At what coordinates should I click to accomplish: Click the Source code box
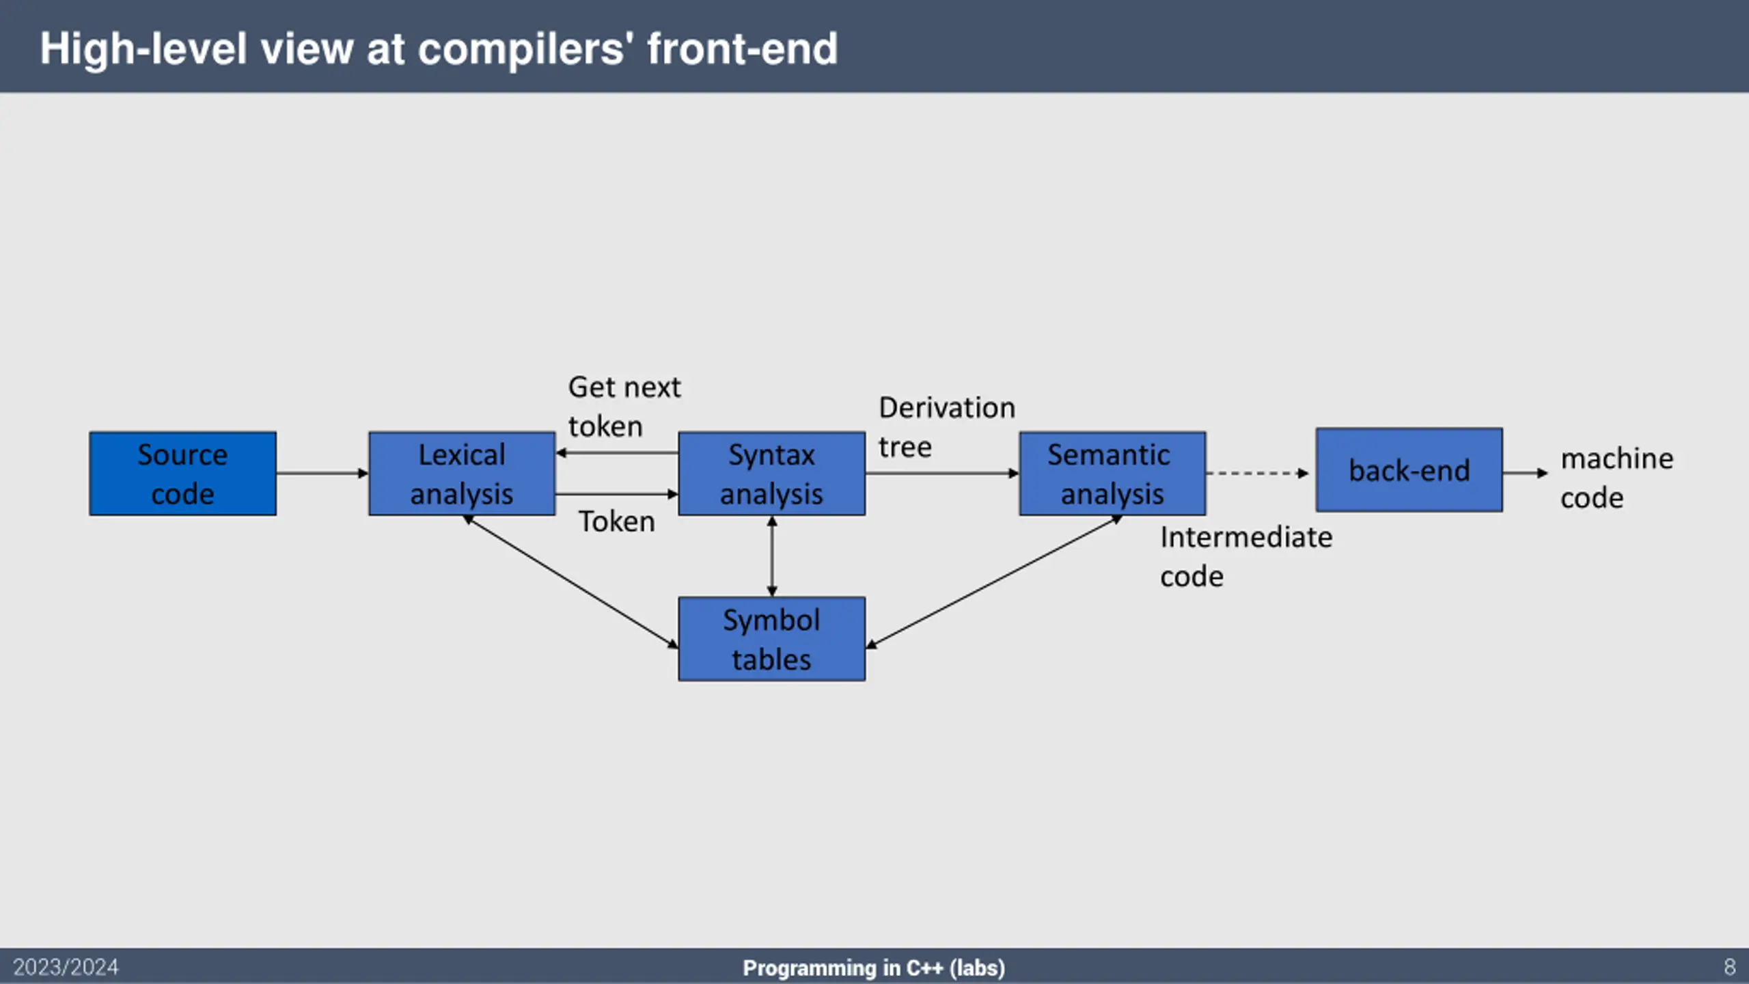point(182,474)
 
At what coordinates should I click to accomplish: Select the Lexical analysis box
point(462,474)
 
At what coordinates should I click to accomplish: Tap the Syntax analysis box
point(771,474)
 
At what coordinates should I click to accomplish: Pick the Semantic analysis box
point(1112,474)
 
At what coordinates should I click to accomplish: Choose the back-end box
point(1409,470)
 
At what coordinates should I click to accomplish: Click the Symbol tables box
point(771,639)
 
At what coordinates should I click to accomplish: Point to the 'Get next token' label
point(624,407)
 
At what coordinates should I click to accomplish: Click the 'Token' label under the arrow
point(617,522)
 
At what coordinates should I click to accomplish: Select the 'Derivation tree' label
point(947,427)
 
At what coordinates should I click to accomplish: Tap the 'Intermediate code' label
point(1246,556)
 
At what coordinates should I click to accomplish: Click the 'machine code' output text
point(1617,478)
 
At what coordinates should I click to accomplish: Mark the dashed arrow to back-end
point(1258,473)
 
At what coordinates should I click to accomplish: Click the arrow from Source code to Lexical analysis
point(322,473)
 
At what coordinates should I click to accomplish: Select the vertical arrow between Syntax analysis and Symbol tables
point(772,556)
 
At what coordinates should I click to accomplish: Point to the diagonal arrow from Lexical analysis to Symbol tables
point(570,582)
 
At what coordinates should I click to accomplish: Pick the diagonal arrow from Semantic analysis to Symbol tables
point(994,582)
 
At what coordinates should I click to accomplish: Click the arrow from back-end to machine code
point(1526,473)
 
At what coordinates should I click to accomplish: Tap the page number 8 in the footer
point(1729,967)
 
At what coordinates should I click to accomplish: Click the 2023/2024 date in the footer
point(66,967)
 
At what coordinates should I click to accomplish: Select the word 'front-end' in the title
point(742,49)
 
